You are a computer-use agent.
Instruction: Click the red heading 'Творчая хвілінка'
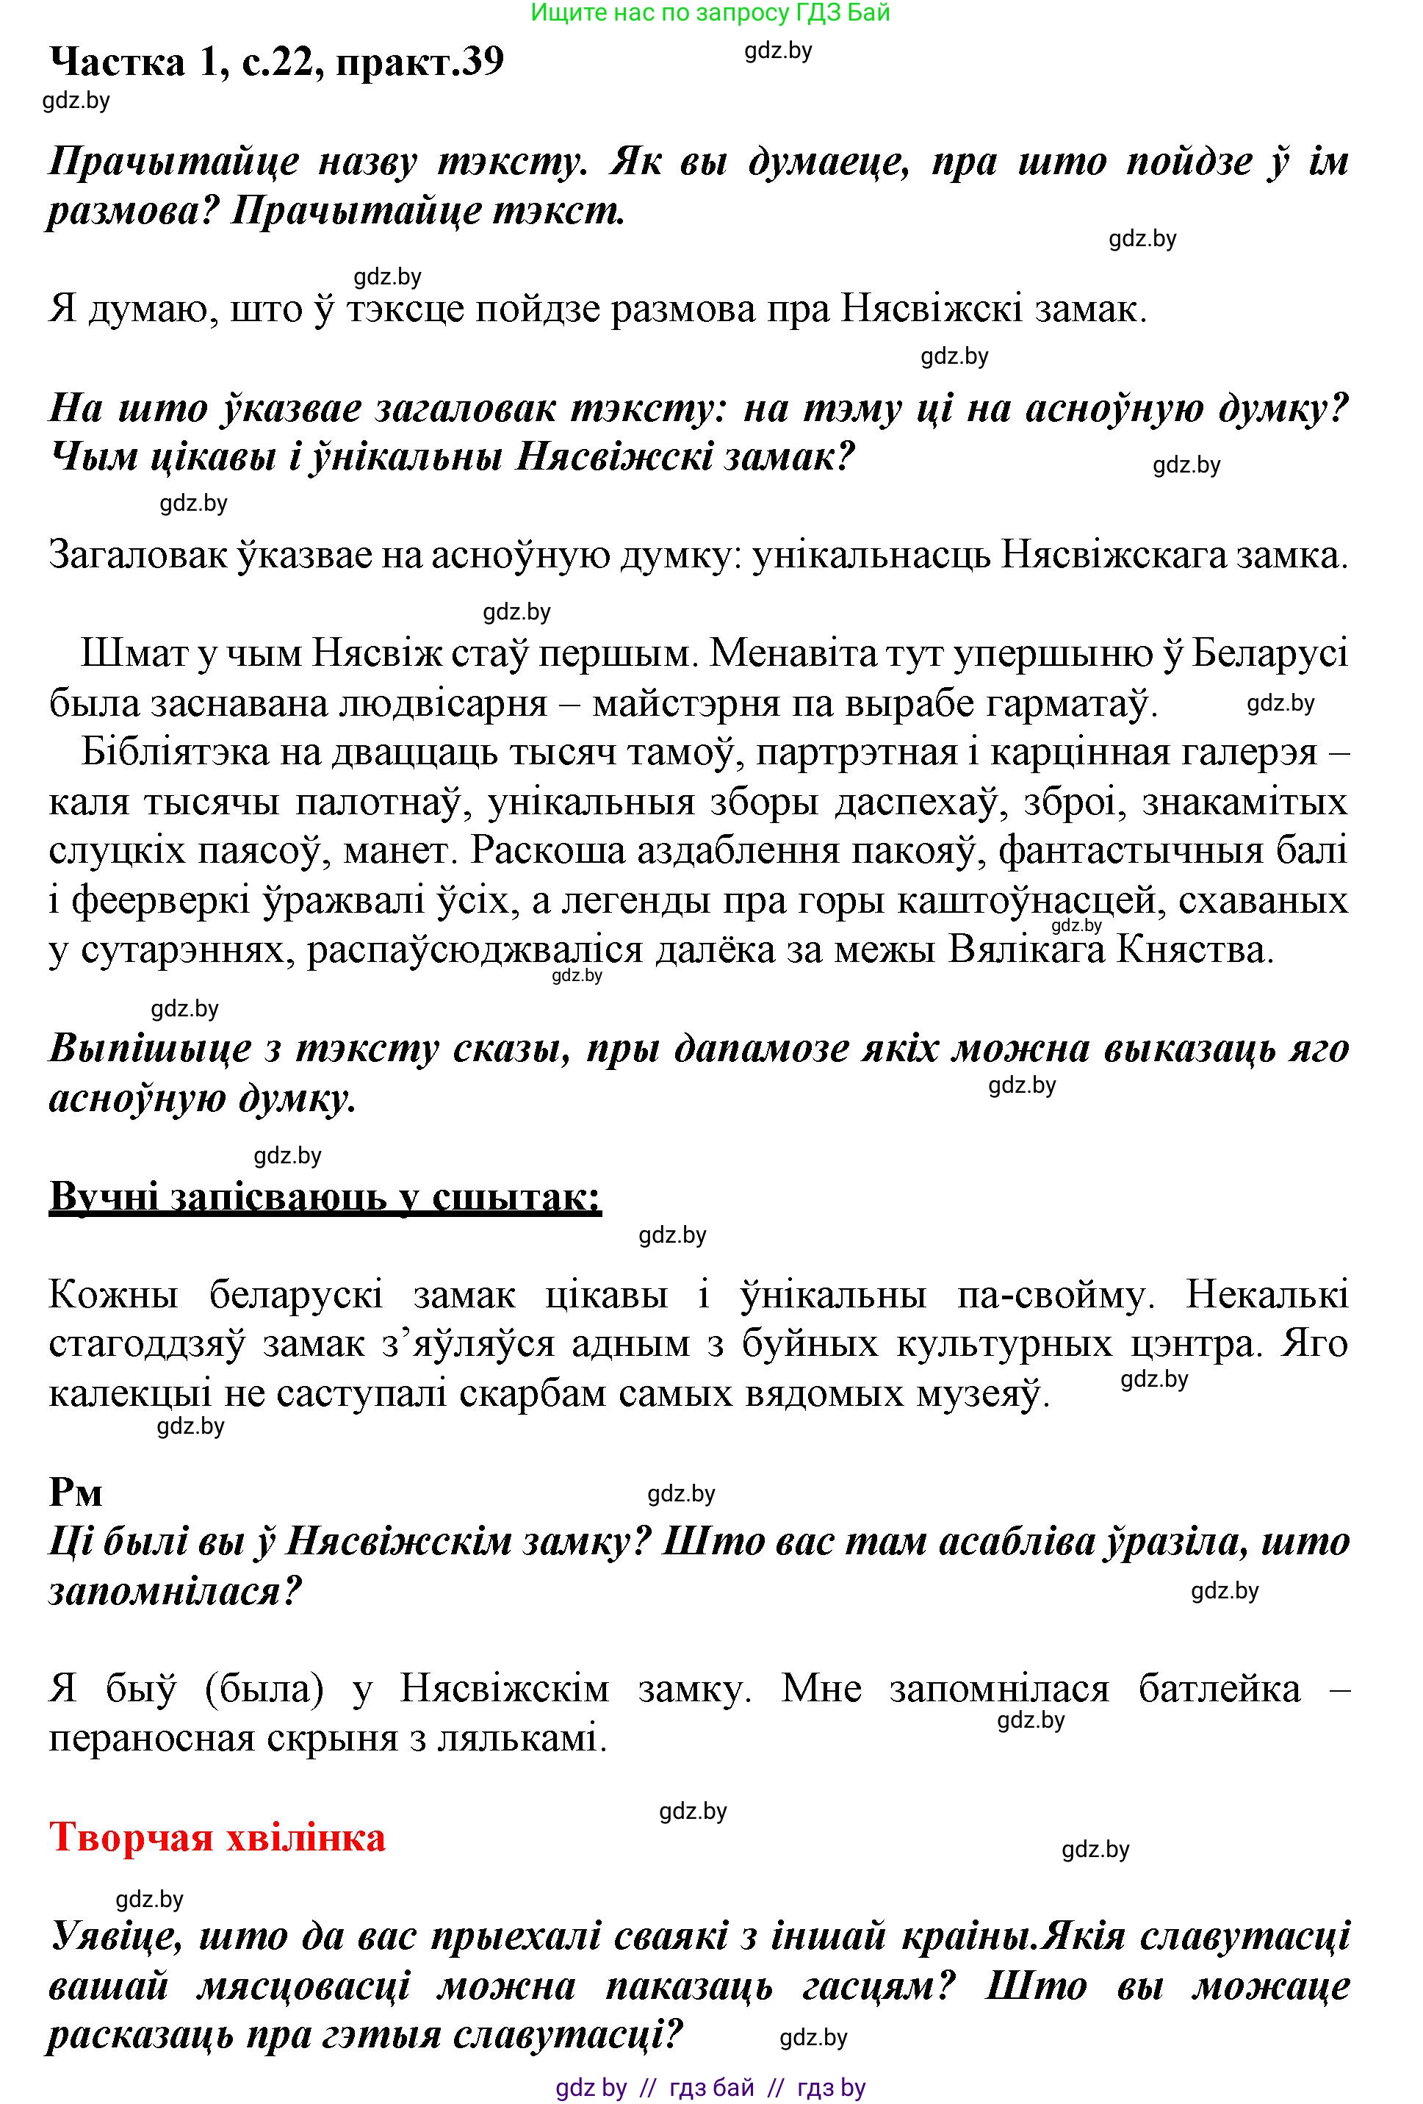click(x=217, y=1837)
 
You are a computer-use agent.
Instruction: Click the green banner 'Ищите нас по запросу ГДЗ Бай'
click(x=710, y=12)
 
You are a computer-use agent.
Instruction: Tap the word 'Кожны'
click(x=113, y=1295)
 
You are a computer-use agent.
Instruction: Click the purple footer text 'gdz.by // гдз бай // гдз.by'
click(x=710, y=2087)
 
